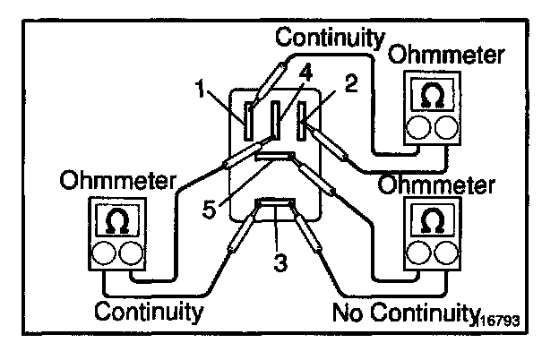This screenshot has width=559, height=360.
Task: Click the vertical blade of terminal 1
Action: (x=248, y=117)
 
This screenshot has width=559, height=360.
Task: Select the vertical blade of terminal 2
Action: (x=303, y=117)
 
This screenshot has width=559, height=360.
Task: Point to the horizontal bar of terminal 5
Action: (x=274, y=157)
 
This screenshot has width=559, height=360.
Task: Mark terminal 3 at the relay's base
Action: (x=275, y=209)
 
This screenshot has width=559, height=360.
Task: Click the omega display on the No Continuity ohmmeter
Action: (x=433, y=219)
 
